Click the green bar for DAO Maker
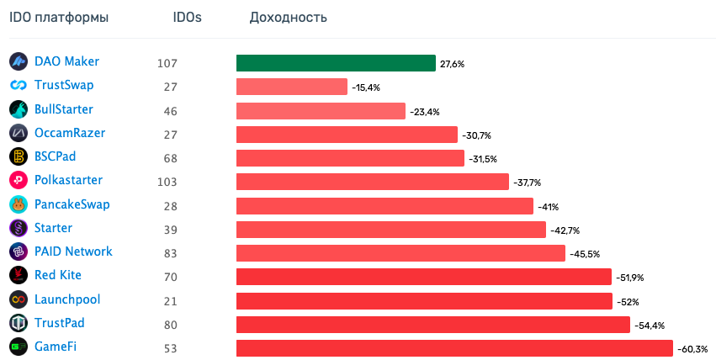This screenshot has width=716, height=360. pos(336,63)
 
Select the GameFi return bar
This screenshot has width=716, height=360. pos(454,348)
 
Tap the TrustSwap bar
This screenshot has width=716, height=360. pos(291,87)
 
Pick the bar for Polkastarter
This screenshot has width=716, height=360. pos(373,182)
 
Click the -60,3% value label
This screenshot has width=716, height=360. pos(693,348)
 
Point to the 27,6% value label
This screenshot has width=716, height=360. pos(452,64)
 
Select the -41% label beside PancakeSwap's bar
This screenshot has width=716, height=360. pos(548,206)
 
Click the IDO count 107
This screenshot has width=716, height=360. pos(167,63)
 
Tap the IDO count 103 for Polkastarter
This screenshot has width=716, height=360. pos(167,182)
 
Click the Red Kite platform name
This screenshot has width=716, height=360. pos(58,275)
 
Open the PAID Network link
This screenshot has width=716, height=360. pos(73,251)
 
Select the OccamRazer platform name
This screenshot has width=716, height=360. pos(70,133)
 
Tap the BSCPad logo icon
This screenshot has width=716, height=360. pos(19,156)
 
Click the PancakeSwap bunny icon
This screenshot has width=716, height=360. pos(19,204)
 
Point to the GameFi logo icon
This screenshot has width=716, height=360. pos(19,347)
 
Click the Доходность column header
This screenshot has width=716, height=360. pos(289,18)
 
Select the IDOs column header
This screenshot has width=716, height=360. pos(187,18)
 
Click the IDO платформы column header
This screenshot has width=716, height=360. pos(59,18)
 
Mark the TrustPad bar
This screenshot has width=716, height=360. pos(432,325)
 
